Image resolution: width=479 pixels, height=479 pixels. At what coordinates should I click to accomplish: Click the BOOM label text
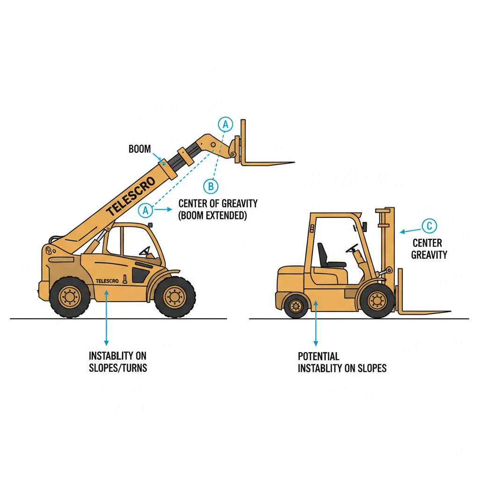coord(139,149)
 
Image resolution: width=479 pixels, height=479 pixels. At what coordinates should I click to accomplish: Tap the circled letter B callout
coord(211,186)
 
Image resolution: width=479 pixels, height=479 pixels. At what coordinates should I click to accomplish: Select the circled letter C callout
coord(429,226)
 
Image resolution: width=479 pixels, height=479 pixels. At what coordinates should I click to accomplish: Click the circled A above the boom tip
coord(225,124)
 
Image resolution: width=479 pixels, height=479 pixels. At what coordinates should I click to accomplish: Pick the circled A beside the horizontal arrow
coord(145,210)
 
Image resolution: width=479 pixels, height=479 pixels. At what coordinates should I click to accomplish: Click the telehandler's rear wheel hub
coord(70,297)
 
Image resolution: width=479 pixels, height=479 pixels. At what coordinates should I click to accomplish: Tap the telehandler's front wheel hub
coord(175,297)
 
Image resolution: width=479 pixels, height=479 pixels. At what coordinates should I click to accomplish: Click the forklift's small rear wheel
coord(296,306)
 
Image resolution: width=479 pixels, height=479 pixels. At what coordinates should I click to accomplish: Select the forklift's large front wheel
coord(377,301)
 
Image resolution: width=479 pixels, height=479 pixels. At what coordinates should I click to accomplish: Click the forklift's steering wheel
coord(352,248)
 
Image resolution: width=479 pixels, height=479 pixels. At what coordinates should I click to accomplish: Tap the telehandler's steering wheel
coord(145,251)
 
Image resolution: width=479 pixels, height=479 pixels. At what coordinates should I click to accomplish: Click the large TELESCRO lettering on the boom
coord(131,196)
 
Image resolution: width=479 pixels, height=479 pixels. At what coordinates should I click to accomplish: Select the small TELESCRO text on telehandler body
coord(107,281)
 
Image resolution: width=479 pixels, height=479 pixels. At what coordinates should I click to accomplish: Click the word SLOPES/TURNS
coord(118,368)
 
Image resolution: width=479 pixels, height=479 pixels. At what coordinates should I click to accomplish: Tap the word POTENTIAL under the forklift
coord(318,356)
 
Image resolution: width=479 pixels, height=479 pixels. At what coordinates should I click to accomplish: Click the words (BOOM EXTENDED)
coord(212,215)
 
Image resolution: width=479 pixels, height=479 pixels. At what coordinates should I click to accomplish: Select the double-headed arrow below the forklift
coord(316,324)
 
